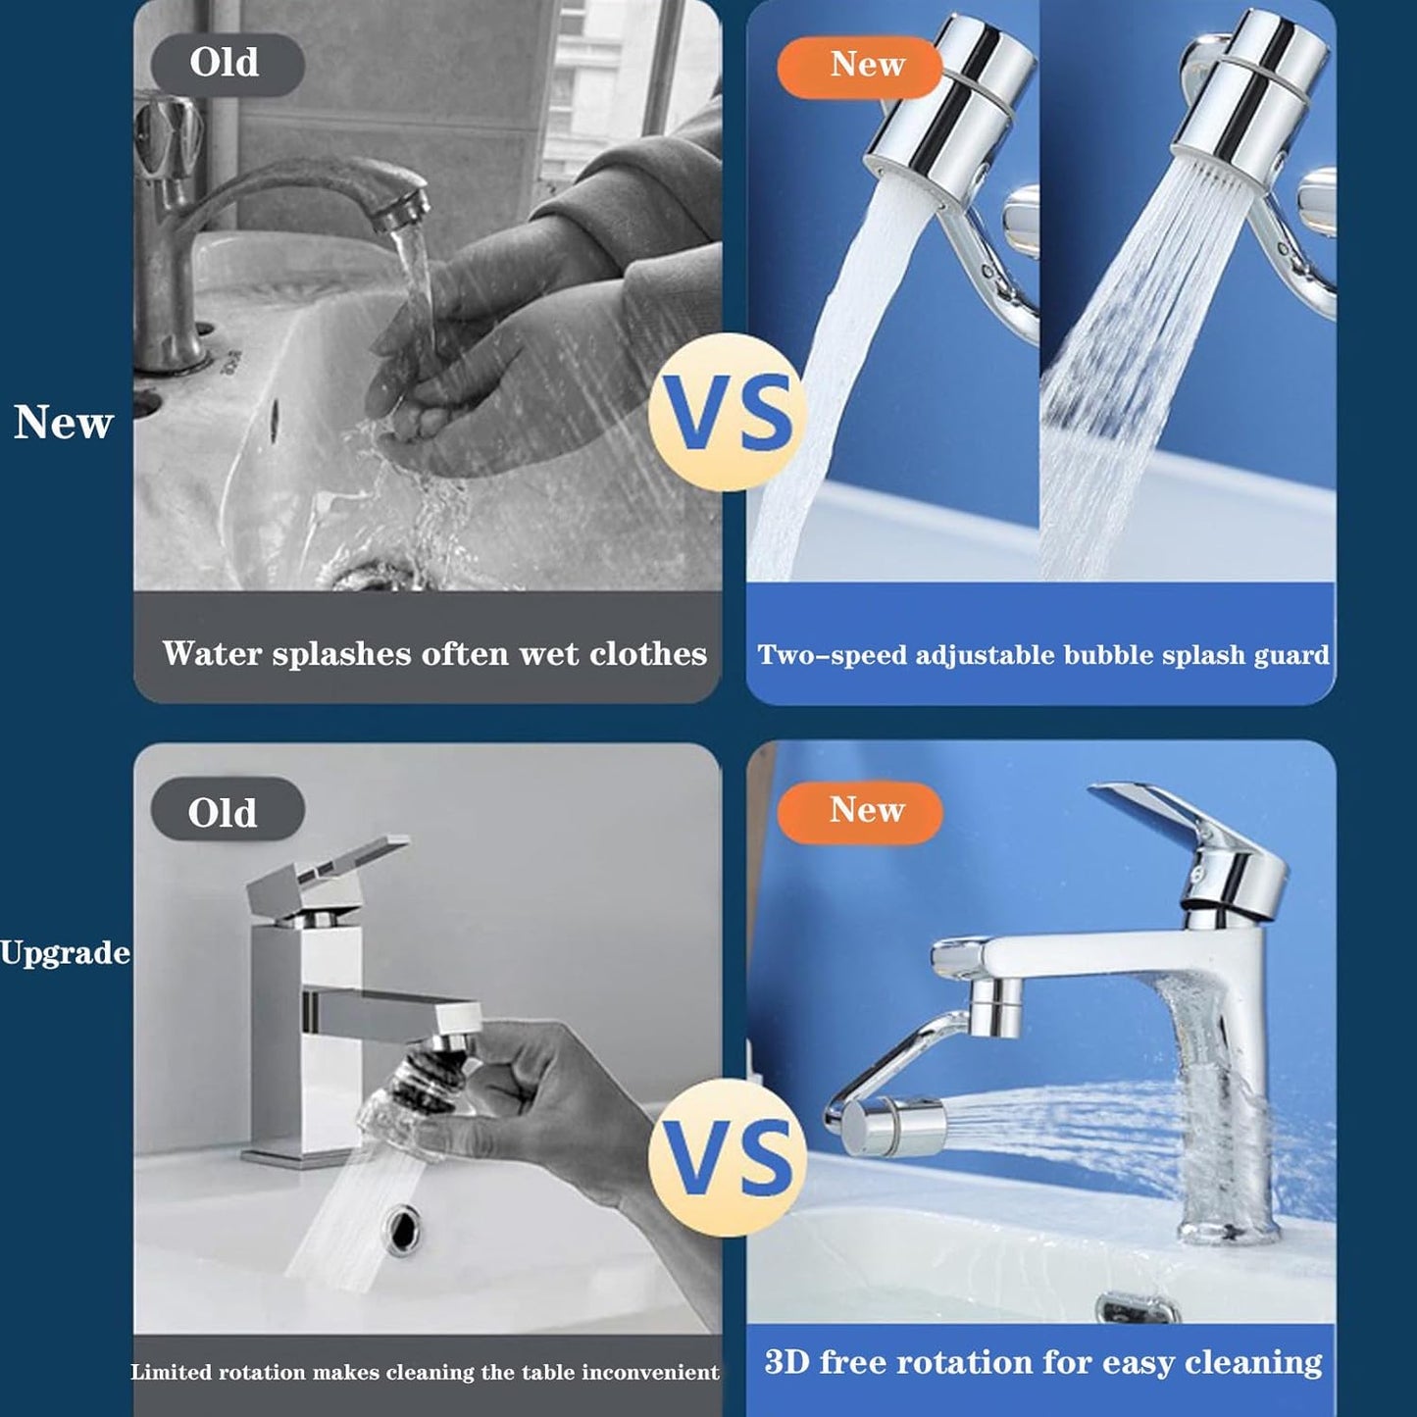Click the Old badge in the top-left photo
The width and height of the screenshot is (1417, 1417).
[x=227, y=64]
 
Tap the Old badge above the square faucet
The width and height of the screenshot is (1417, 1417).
[x=227, y=811]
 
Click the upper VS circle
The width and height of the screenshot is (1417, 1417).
[x=728, y=412]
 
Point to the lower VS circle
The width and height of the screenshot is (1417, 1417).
[x=728, y=1157]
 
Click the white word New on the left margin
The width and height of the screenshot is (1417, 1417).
[x=64, y=423]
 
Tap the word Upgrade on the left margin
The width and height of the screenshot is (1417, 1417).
[x=65, y=952]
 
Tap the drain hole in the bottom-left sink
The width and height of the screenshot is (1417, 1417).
[x=402, y=1229]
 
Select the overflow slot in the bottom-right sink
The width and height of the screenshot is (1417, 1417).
[x=1136, y=1308]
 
